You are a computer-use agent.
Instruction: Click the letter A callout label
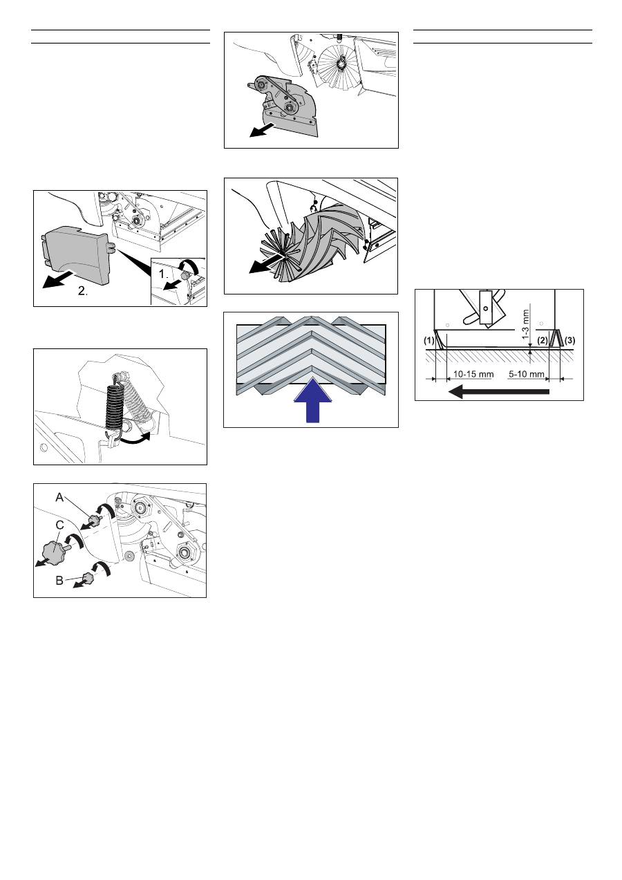(59, 497)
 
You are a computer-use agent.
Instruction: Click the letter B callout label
(59, 580)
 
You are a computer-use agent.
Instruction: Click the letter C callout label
(60, 525)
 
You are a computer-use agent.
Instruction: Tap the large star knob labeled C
(53, 550)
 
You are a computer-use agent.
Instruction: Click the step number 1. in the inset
(164, 274)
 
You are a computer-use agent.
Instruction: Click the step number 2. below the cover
(83, 291)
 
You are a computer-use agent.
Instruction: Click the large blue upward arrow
(312, 400)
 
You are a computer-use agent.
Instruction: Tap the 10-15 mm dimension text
(473, 373)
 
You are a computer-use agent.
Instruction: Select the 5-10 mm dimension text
(526, 373)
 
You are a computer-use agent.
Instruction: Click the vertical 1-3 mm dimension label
(526, 324)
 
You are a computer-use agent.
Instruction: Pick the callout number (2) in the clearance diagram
(543, 340)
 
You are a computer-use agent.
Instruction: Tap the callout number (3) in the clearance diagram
(569, 340)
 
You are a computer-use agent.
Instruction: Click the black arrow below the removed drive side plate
(263, 130)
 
